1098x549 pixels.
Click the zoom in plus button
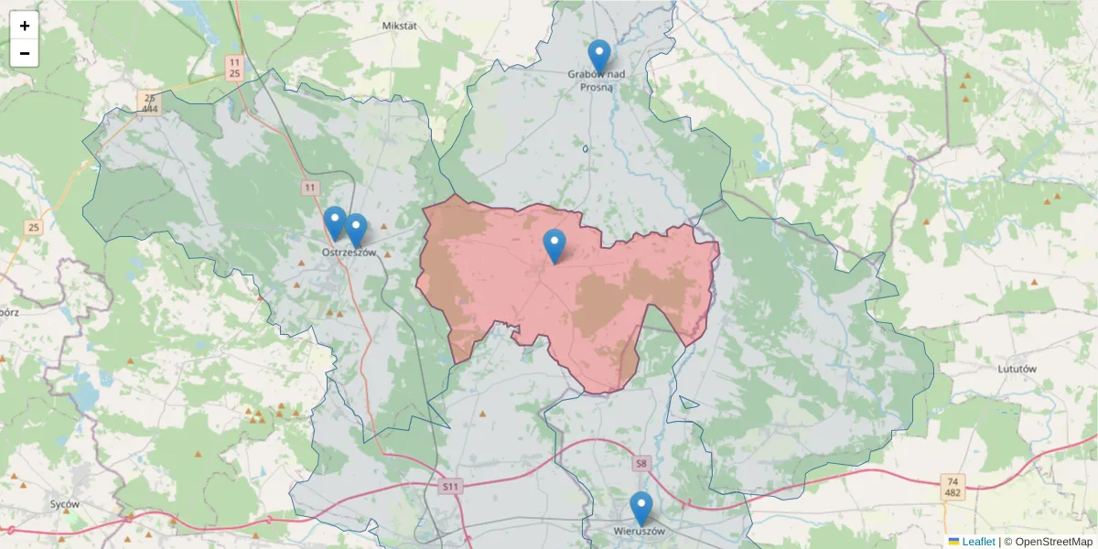coord(25,27)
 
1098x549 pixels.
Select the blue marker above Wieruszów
coord(641,508)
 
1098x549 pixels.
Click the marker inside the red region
coord(554,245)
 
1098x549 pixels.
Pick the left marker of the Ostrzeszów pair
coord(335,222)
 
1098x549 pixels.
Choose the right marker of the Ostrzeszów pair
coord(356,230)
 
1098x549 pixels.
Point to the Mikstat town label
coord(399,26)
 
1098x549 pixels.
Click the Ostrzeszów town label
coord(349,253)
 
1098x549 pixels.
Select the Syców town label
coord(65,504)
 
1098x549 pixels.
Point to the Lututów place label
coord(1017,369)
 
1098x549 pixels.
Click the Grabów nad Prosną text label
coord(596,81)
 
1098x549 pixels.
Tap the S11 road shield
coord(450,486)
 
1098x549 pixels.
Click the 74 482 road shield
coord(953,487)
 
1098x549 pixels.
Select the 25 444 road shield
coord(149,102)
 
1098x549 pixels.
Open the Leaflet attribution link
coord(977,542)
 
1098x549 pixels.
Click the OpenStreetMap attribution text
coord(1049,542)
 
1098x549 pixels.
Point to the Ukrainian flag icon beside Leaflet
coord(953,542)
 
